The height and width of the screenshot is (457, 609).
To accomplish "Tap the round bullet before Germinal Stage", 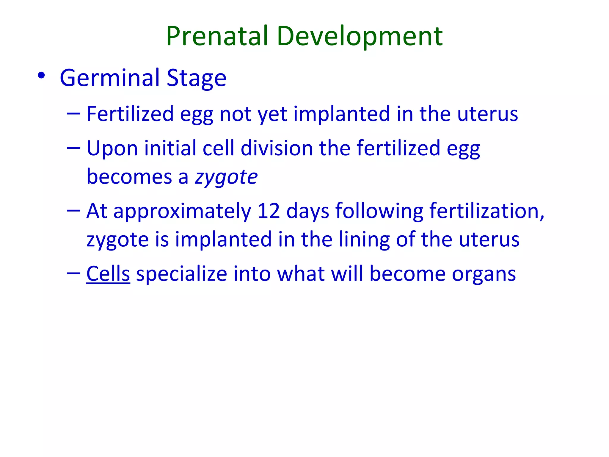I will [x=41, y=76].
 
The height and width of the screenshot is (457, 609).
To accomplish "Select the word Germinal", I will [x=110, y=78].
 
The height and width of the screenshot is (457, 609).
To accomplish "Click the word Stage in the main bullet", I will [x=197, y=78].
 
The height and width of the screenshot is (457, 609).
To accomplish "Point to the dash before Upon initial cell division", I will [x=74, y=147].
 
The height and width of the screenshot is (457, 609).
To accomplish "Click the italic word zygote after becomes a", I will [x=226, y=177].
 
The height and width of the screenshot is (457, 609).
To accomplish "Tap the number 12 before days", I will [x=269, y=211].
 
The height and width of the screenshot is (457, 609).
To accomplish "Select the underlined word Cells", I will [x=108, y=274].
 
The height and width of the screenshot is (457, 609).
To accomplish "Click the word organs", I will [x=484, y=274].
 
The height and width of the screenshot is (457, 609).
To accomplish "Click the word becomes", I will [x=129, y=177].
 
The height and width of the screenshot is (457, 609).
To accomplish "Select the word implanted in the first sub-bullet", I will [x=342, y=114].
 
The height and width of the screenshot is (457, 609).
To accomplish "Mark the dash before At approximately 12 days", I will [x=74, y=210].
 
